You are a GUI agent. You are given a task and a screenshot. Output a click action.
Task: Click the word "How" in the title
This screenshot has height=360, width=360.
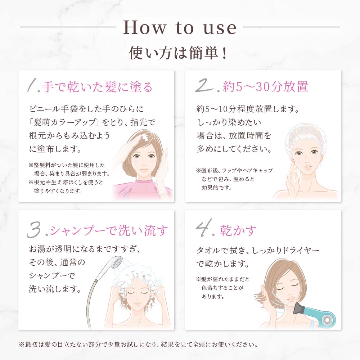[144, 27]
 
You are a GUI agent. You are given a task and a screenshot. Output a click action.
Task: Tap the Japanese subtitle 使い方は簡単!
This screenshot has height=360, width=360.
[178, 53]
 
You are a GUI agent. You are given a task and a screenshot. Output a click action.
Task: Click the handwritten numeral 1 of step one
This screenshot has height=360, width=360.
[32, 86]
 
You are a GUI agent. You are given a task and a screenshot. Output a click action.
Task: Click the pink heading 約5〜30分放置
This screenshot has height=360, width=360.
[266, 87]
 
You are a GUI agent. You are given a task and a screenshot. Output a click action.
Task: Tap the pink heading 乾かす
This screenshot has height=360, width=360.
[238, 230]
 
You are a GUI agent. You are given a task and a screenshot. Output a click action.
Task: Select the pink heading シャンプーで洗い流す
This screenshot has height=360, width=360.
[109, 230]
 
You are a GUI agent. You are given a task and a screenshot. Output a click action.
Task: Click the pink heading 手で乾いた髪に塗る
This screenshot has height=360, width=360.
[97, 87]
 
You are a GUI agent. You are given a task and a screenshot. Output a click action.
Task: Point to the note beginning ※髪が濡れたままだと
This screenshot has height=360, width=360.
[222, 288]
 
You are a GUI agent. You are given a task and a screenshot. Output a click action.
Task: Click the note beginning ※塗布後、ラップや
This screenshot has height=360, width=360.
[235, 179]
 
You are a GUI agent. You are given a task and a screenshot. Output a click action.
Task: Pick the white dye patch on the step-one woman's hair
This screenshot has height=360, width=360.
[144, 138]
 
